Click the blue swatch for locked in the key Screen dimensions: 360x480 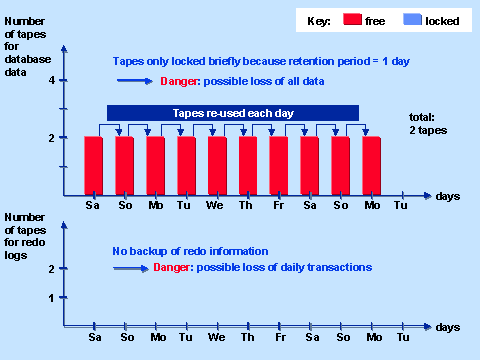(412, 19)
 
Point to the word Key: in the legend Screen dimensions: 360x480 (318, 19)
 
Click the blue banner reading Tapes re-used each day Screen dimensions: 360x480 (232, 113)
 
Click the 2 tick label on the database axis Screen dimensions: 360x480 (50, 137)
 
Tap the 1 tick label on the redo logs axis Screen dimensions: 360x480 (50, 297)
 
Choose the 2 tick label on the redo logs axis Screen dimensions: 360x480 (50, 268)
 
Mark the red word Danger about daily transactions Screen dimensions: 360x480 (172, 268)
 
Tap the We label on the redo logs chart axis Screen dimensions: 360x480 (217, 338)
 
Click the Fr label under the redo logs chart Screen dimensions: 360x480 (279, 338)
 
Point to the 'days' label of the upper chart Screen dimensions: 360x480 (447, 196)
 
